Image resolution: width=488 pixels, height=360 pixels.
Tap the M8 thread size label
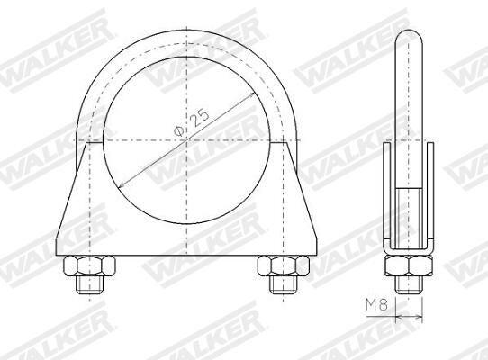[376, 305]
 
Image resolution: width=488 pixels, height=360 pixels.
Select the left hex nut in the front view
[89, 265]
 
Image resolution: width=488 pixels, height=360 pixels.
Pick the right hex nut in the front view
[284, 265]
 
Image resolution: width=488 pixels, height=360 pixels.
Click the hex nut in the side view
[409, 265]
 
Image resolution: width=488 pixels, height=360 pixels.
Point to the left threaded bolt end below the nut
[90, 285]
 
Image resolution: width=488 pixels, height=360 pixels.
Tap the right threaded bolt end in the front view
[284, 285]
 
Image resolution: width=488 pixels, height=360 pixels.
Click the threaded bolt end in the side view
[409, 284]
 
